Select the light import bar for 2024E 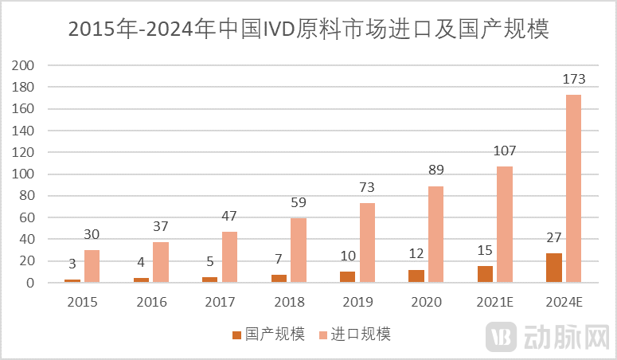573,189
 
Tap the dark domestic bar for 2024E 554,268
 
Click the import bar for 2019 367,243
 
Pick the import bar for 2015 92,266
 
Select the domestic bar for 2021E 485,274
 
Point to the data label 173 573,80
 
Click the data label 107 505,151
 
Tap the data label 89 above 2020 435,170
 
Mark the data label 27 554,238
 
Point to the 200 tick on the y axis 25,65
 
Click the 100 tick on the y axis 25,174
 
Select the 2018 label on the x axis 289,302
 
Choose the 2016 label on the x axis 151,302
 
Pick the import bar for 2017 229,257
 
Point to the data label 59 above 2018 298,203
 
